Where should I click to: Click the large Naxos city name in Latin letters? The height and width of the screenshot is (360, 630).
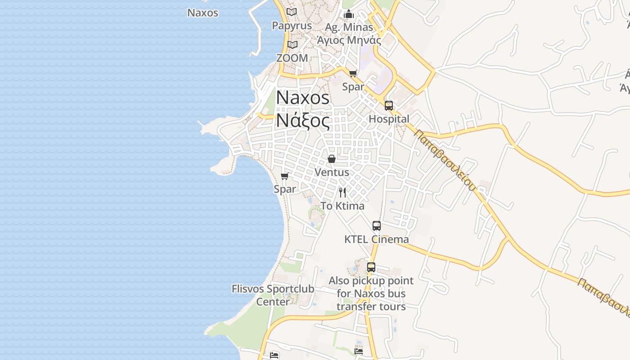[x=302, y=98]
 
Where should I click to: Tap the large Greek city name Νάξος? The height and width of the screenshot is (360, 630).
[x=302, y=120]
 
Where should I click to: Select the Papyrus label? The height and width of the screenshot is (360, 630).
[x=292, y=26]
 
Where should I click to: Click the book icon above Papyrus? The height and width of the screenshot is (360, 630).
[x=292, y=12]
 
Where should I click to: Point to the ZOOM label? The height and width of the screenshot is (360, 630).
[x=292, y=58]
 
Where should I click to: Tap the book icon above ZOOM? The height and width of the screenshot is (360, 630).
[x=292, y=45]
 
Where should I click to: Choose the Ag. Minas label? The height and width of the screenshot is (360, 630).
[x=349, y=27]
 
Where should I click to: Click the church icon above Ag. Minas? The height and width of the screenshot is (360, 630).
[x=349, y=14]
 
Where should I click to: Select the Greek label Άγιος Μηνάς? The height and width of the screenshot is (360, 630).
[x=349, y=40]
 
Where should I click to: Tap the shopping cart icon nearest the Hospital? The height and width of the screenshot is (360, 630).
[x=353, y=73]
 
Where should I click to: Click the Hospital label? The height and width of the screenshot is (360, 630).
[x=389, y=119]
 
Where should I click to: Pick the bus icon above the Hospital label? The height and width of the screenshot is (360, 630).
[x=389, y=106]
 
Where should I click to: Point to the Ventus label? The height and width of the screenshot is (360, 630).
[x=332, y=172]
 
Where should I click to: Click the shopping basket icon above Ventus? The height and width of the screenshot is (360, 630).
[x=332, y=159]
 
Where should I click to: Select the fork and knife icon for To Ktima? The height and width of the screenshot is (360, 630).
[x=342, y=193]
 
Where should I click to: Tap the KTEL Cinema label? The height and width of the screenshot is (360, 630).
[x=376, y=239]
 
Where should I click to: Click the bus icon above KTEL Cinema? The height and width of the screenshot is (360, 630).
[x=377, y=226]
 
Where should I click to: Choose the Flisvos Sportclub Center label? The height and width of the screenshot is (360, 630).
[x=273, y=295]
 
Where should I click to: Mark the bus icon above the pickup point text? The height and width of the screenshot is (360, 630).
[x=371, y=267]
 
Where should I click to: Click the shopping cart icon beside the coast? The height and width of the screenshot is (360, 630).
[x=284, y=176]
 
